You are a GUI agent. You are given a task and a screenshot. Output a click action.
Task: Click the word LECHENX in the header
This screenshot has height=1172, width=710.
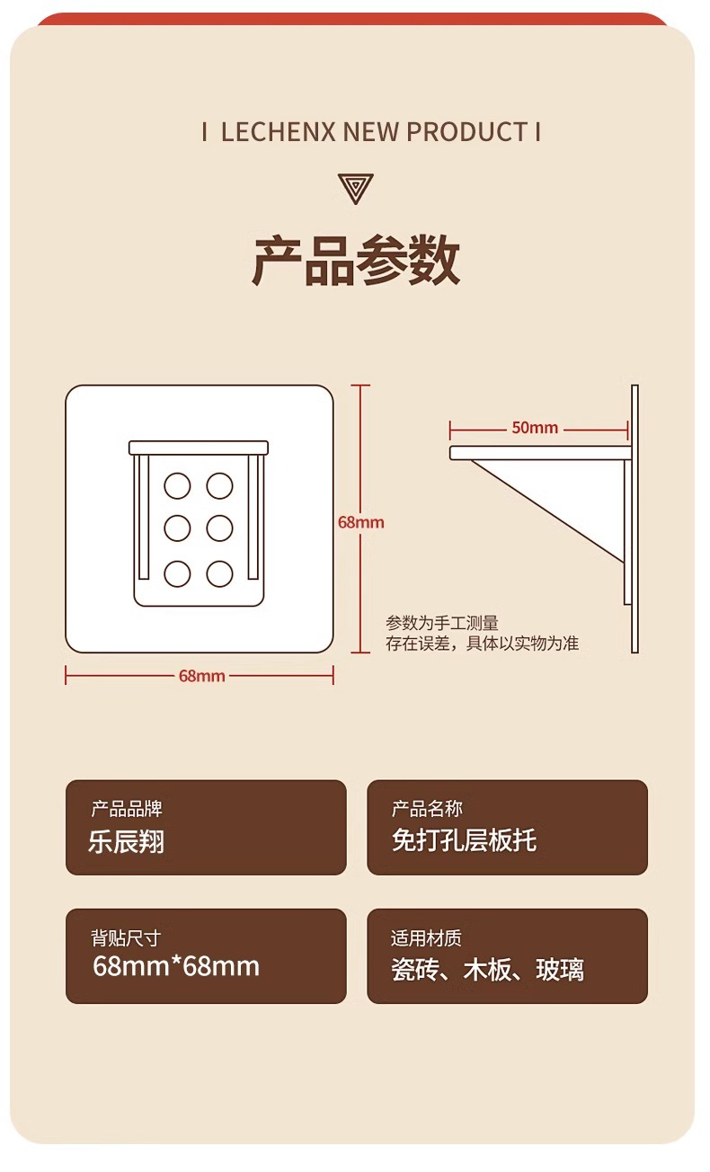278,132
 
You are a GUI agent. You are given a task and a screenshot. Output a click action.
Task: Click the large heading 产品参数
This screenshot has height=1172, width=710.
356,260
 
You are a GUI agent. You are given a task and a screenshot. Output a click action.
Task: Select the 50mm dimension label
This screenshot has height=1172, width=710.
535,428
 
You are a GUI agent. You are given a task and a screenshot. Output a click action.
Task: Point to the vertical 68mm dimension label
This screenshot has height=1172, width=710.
361,522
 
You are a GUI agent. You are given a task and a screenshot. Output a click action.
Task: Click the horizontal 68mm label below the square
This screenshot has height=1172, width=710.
202,676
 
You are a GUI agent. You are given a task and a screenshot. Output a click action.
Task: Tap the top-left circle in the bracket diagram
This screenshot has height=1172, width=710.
177,486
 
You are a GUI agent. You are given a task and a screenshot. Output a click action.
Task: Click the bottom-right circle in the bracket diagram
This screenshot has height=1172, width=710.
220,574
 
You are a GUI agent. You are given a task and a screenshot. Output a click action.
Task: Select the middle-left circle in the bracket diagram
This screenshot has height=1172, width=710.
177,528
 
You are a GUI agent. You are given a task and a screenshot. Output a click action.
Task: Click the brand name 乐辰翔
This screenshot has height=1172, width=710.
126,842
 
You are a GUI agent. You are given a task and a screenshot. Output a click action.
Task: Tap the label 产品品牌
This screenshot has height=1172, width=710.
127,808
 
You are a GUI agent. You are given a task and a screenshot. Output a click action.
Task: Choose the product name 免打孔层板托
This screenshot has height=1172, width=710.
465,840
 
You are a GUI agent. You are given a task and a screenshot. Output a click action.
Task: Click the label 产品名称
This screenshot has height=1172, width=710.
427,808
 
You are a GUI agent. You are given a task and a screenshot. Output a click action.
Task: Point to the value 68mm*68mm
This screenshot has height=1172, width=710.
176,966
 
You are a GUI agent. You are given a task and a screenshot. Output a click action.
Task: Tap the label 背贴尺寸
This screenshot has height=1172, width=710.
126,938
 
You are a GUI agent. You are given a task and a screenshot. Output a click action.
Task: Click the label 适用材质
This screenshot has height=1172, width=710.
426,938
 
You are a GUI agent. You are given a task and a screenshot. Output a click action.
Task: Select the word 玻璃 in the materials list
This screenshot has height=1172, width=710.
560,970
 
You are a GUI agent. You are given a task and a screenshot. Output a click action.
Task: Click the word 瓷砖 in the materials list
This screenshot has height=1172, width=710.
415,970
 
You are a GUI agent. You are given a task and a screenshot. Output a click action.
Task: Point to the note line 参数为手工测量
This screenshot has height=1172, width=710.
442,623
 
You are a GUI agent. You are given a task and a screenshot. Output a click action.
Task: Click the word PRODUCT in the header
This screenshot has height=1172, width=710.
467,132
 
